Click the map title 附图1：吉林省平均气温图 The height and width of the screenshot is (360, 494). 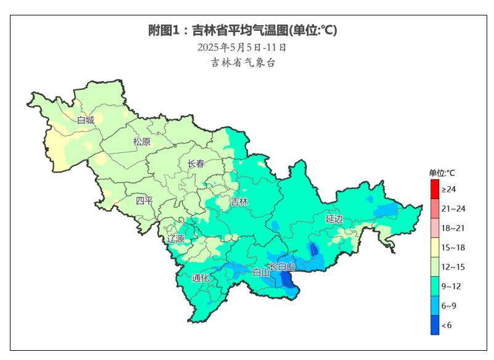pyautogui.click(x=243, y=30)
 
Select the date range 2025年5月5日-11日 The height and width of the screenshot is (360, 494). pyautogui.click(x=242, y=47)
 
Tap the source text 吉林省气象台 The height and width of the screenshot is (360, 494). pyautogui.click(x=243, y=62)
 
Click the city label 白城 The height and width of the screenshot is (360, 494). pyautogui.click(x=86, y=120)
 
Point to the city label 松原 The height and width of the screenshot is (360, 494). pyautogui.click(x=142, y=142)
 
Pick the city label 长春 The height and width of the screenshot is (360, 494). pyautogui.click(x=196, y=164)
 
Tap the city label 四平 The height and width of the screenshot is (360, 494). pyautogui.click(x=144, y=200)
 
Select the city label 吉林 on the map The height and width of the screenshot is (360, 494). pyautogui.click(x=239, y=202)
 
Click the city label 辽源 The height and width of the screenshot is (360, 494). pyautogui.click(x=176, y=239)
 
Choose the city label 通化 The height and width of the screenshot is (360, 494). pyautogui.click(x=200, y=278)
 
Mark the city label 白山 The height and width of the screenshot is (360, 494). pyautogui.click(x=261, y=272)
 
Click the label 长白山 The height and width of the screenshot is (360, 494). pyautogui.click(x=282, y=266)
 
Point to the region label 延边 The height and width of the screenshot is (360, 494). pyautogui.click(x=334, y=219)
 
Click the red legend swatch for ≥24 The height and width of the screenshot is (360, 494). pyautogui.click(x=435, y=189)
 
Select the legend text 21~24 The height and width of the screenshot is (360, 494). pyautogui.click(x=453, y=208)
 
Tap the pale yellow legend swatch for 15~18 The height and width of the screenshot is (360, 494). pyautogui.click(x=435, y=247)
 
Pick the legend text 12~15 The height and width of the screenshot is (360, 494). pyautogui.click(x=453, y=266)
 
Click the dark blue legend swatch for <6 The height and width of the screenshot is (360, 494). pyautogui.click(x=435, y=325)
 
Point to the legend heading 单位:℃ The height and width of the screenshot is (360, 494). pyautogui.click(x=442, y=173)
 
